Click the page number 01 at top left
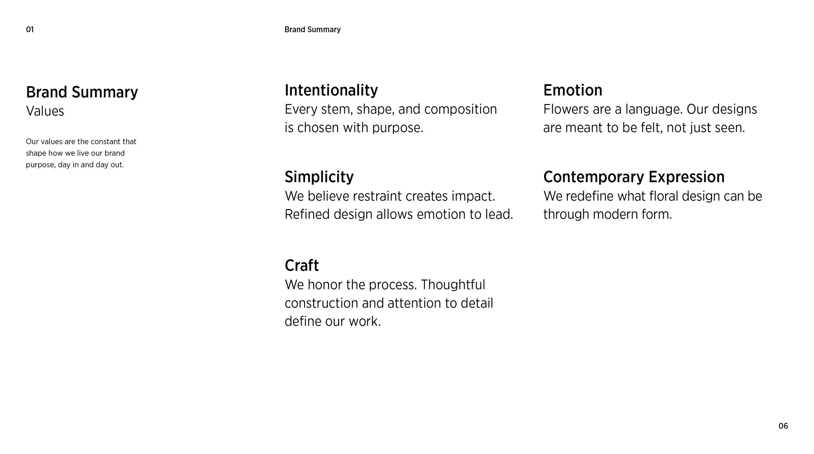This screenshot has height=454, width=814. (30, 30)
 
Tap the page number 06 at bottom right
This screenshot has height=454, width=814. (783, 426)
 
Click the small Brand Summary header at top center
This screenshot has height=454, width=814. (312, 30)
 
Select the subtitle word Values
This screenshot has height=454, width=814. (45, 111)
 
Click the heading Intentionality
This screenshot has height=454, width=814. (331, 90)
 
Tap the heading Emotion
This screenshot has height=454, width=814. (572, 90)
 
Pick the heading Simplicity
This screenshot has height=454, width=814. (319, 177)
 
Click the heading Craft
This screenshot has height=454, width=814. (302, 265)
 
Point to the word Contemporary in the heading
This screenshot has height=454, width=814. (593, 177)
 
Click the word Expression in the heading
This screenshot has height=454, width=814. (686, 177)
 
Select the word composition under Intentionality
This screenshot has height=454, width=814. (460, 109)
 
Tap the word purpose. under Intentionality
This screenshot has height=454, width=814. (397, 128)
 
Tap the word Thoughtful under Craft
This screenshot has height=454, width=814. (453, 285)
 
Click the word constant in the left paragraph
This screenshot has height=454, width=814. (105, 141)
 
